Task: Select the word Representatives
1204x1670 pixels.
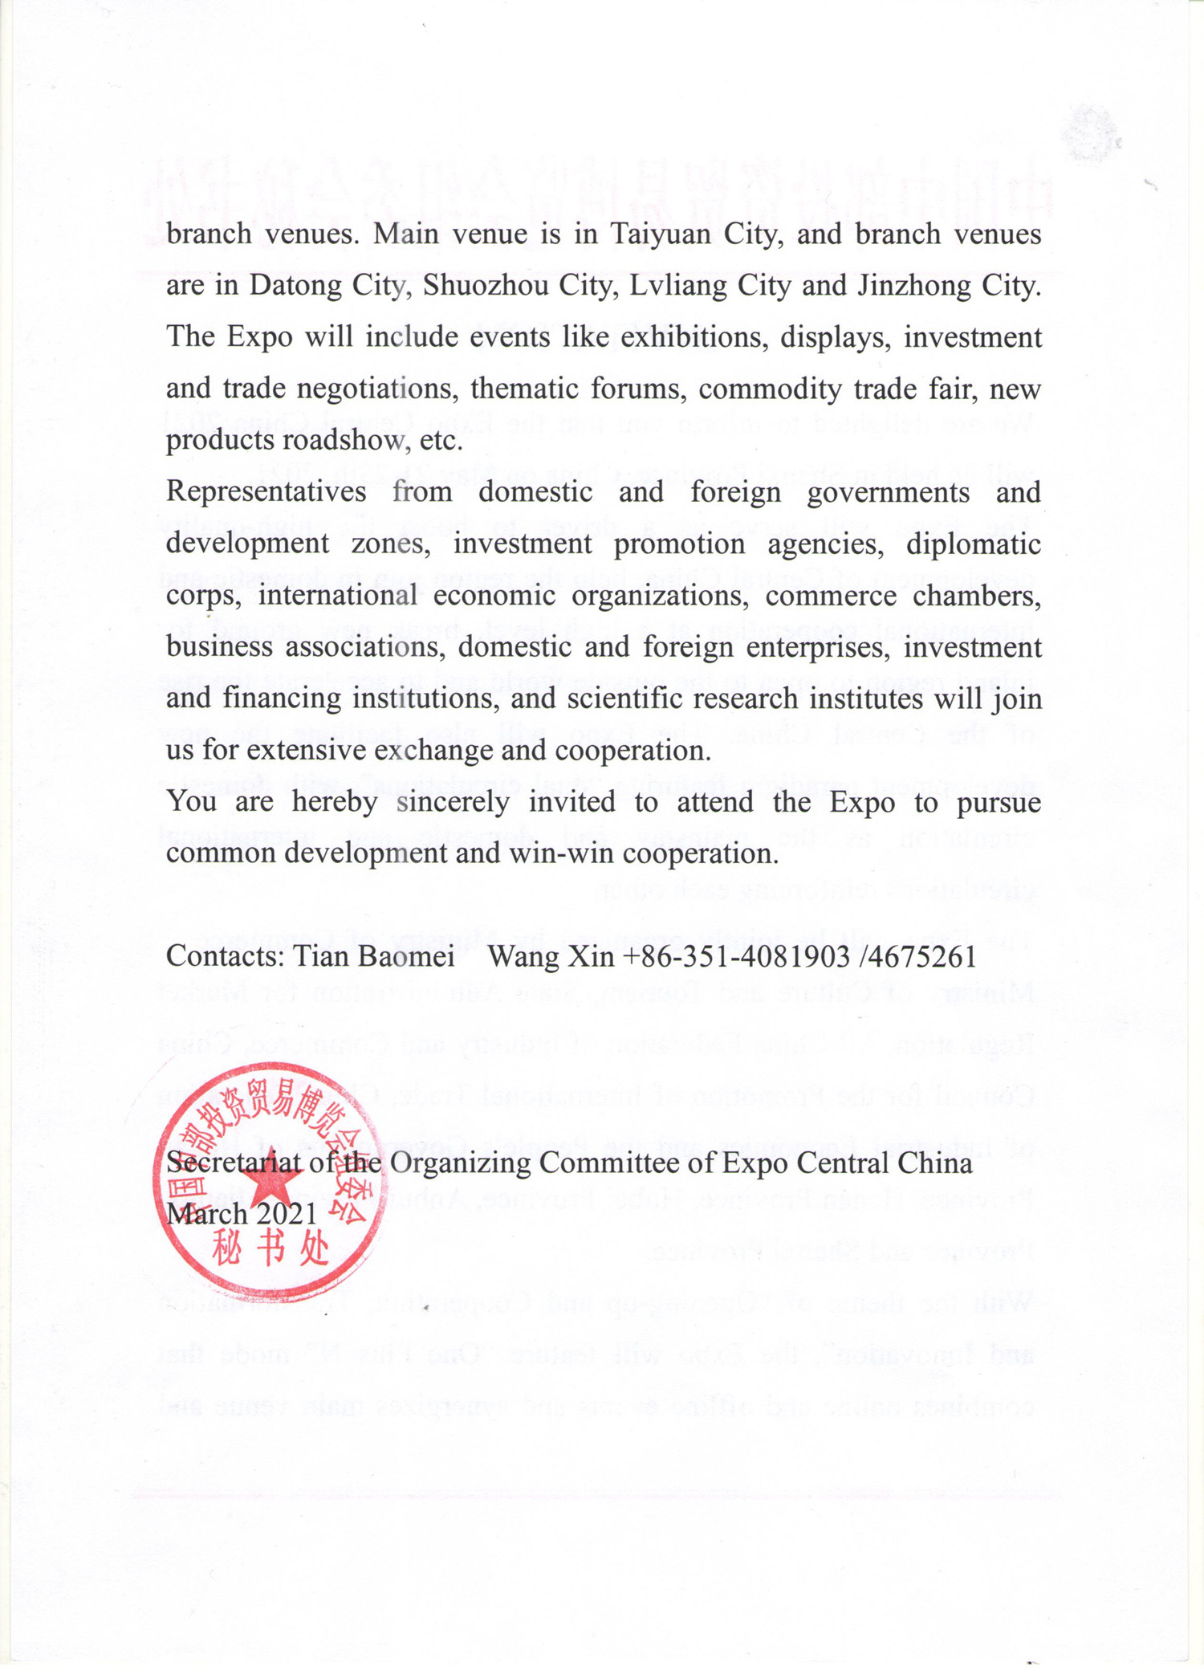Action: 266,491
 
